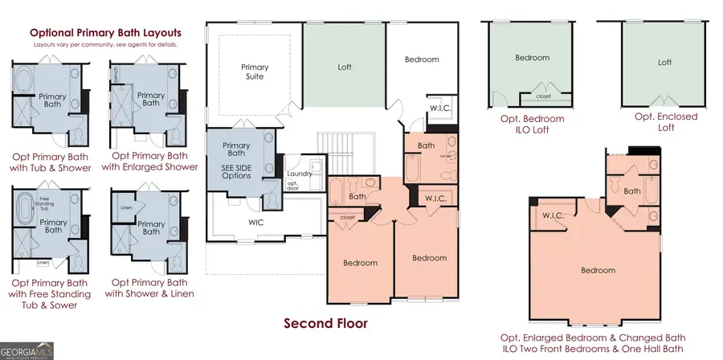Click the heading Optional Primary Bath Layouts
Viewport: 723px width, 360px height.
coord(105,33)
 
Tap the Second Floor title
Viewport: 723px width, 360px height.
coord(325,323)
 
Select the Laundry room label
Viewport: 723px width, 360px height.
coord(299,174)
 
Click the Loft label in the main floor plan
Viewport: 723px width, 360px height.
coord(344,68)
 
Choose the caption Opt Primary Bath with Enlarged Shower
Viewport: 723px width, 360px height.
coord(155,161)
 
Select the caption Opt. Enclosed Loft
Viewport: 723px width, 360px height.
coord(665,122)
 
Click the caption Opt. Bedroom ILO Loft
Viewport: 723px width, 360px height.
coord(532,124)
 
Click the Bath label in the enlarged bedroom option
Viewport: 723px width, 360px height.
coord(631,190)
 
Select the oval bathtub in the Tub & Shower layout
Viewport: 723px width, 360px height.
coord(24,84)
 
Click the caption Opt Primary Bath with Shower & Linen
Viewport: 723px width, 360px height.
coord(153,288)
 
